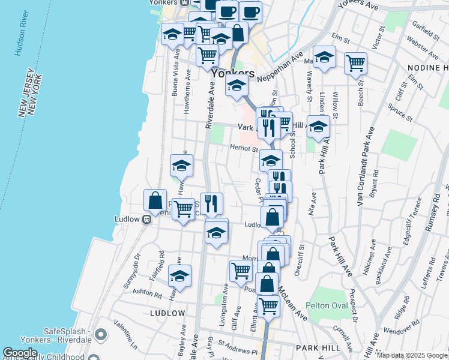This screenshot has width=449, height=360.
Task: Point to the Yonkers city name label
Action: [229, 73]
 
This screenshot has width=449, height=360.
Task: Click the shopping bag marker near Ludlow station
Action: [155, 202]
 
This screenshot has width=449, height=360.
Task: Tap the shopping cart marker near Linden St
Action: [355, 62]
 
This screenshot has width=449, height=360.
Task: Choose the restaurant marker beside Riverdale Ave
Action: [211, 203]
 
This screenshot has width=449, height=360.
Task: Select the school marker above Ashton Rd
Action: [179, 276]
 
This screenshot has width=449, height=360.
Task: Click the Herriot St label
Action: [244, 149]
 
